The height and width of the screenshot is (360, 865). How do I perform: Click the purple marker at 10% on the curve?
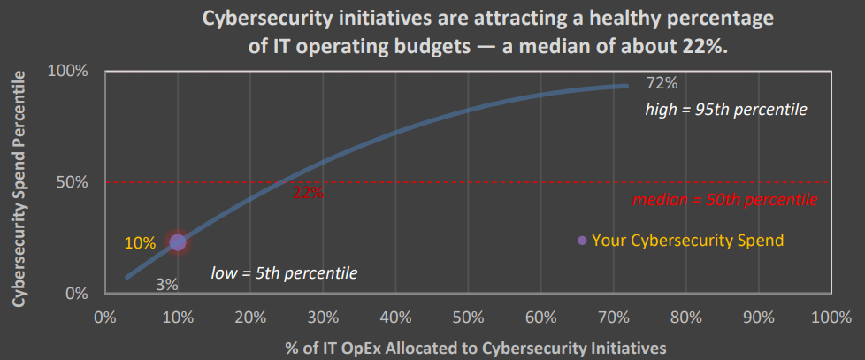tap(178, 242)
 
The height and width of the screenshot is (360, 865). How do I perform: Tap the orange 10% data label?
tap(140, 242)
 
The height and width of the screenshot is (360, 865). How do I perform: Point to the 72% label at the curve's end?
tap(662, 84)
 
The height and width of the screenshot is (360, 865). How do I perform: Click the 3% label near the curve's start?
tap(168, 284)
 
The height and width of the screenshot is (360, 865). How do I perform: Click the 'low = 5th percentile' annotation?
tap(284, 272)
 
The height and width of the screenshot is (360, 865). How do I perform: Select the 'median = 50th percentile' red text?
tap(724, 200)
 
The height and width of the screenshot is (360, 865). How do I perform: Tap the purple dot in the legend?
tap(582, 241)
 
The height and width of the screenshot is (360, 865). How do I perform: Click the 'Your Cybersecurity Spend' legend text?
tap(687, 241)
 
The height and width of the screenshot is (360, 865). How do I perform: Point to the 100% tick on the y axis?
tap(76, 71)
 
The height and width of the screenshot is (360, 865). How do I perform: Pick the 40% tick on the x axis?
tap(395, 316)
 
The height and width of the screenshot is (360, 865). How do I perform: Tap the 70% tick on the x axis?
tap(613, 316)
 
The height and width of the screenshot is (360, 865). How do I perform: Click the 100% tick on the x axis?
tap(831, 316)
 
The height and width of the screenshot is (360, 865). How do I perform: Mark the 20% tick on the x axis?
tap(250, 316)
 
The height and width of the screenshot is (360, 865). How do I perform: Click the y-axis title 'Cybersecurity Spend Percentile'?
tap(19, 182)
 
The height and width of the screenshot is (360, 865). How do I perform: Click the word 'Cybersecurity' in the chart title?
tap(259, 18)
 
